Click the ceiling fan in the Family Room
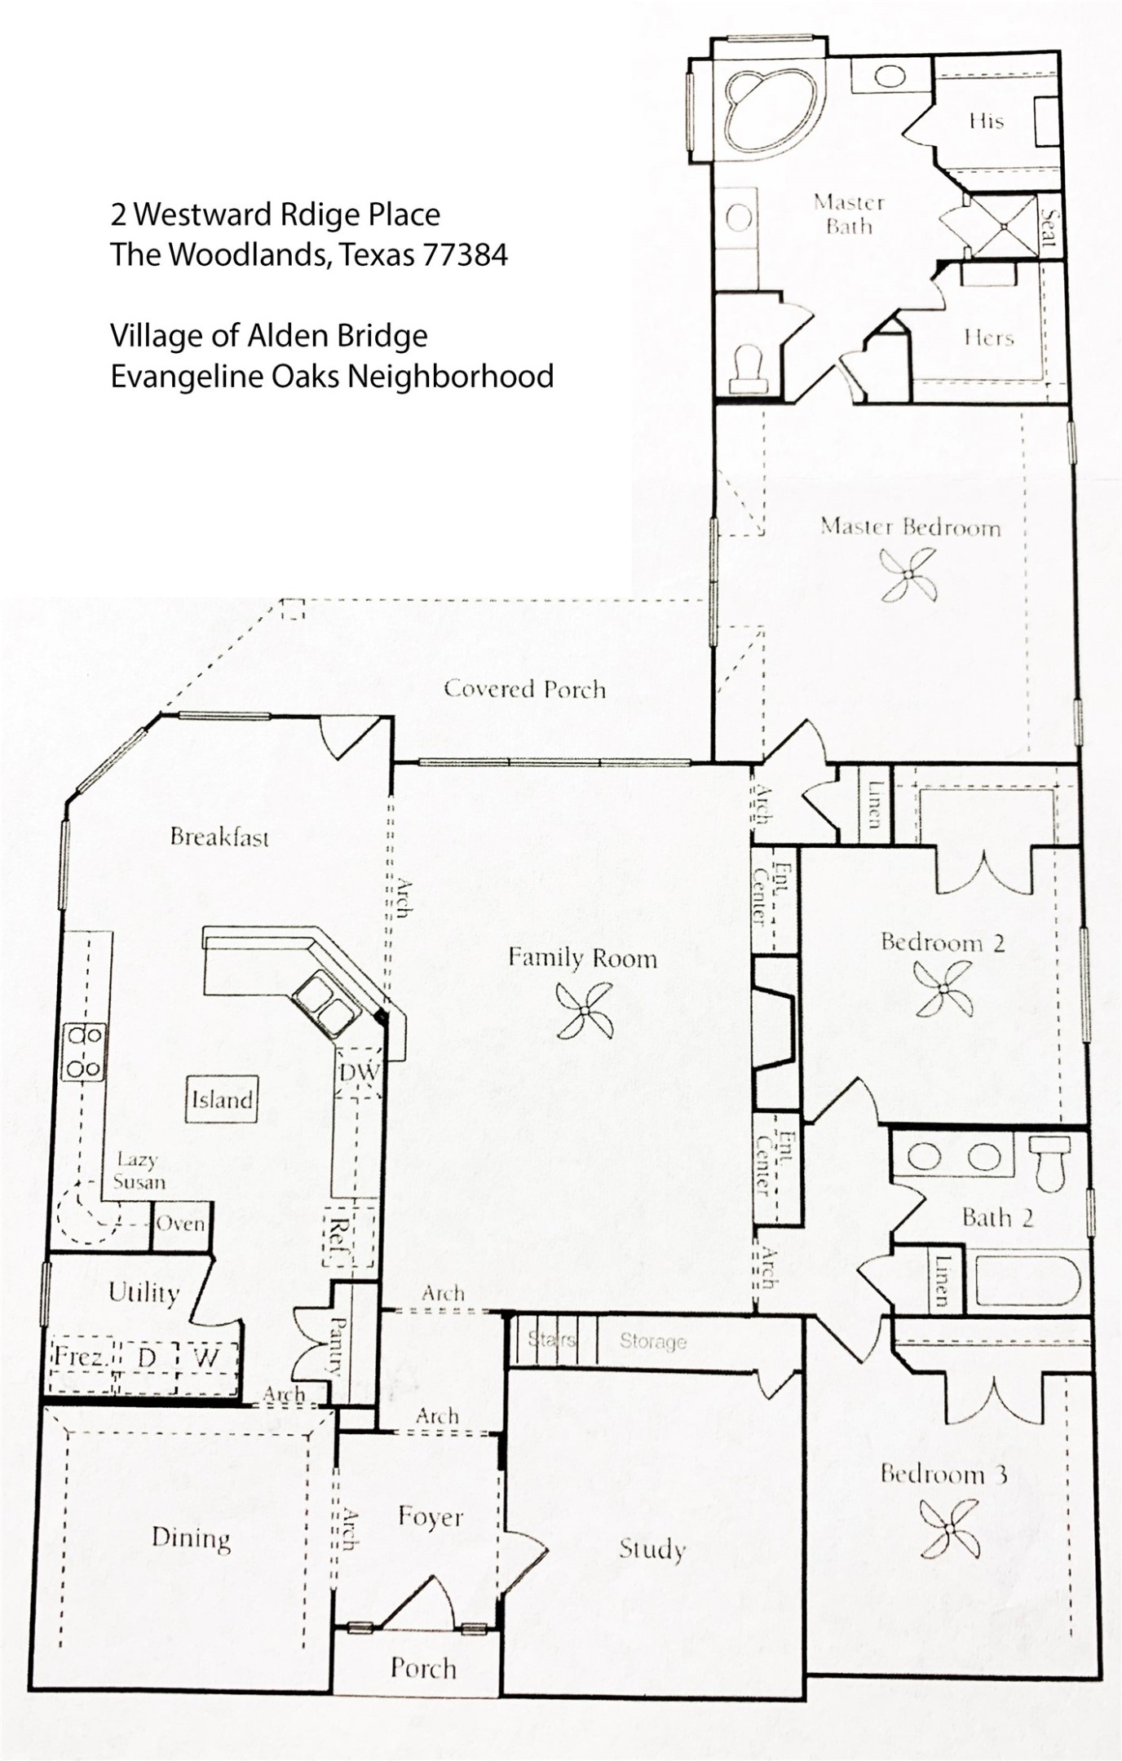pyautogui.click(x=584, y=1010)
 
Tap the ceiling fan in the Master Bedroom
pyautogui.click(x=908, y=574)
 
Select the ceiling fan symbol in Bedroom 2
pyautogui.click(x=943, y=988)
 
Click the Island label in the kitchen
pyautogui.click(x=222, y=1100)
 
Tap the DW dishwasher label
pyautogui.click(x=359, y=1072)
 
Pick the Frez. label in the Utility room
pyautogui.click(x=78, y=1357)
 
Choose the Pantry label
pyautogui.click(x=336, y=1346)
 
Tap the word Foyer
pyautogui.click(x=431, y=1516)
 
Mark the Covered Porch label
pyautogui.click(x=524, y=689)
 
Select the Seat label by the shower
pyautogui.click(x=1049, y=229)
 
